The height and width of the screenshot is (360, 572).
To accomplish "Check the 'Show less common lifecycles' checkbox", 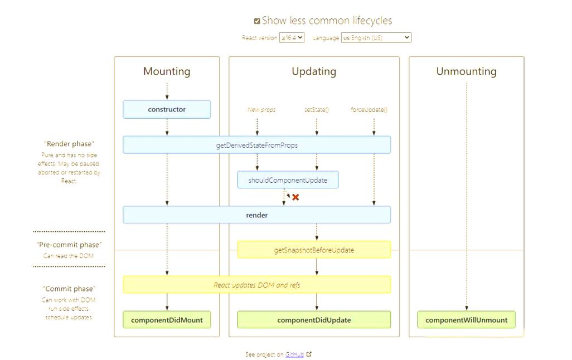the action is coord(257,21).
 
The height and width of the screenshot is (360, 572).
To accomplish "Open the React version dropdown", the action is coord(292,37).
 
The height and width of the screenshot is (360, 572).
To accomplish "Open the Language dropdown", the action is coord(376,37).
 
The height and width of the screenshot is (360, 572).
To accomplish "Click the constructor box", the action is coord(167,109).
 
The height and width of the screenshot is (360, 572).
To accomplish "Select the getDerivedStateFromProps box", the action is coord(257,145).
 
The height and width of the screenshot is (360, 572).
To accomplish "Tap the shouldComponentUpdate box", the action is coord(288,180).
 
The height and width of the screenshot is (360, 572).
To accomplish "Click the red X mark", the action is coord(295,197).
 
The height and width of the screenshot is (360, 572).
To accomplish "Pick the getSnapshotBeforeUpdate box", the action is coord(314,250).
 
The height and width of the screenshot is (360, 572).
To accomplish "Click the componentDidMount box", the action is coord(167,320).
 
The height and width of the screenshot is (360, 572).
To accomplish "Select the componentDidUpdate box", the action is coord(314,320).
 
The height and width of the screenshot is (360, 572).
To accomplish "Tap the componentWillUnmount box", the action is coord(466,320).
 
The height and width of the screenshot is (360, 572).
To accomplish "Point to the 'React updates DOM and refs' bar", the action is coord(257,285).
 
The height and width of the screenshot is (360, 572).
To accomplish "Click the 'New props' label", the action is coord(261,109).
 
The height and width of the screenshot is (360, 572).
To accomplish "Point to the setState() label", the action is coord(317,109).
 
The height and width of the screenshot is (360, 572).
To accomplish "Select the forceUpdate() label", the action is coord(369,109).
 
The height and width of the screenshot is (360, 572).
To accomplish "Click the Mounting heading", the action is coord(167,71).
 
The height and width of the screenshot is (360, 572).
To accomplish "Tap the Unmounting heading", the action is coord(466,71).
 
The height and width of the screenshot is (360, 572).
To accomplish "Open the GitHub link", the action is coord(294,354).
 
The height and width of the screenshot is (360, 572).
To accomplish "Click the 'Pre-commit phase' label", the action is coord(69,245).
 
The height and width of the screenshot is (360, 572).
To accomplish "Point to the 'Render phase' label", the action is coord(69,144).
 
